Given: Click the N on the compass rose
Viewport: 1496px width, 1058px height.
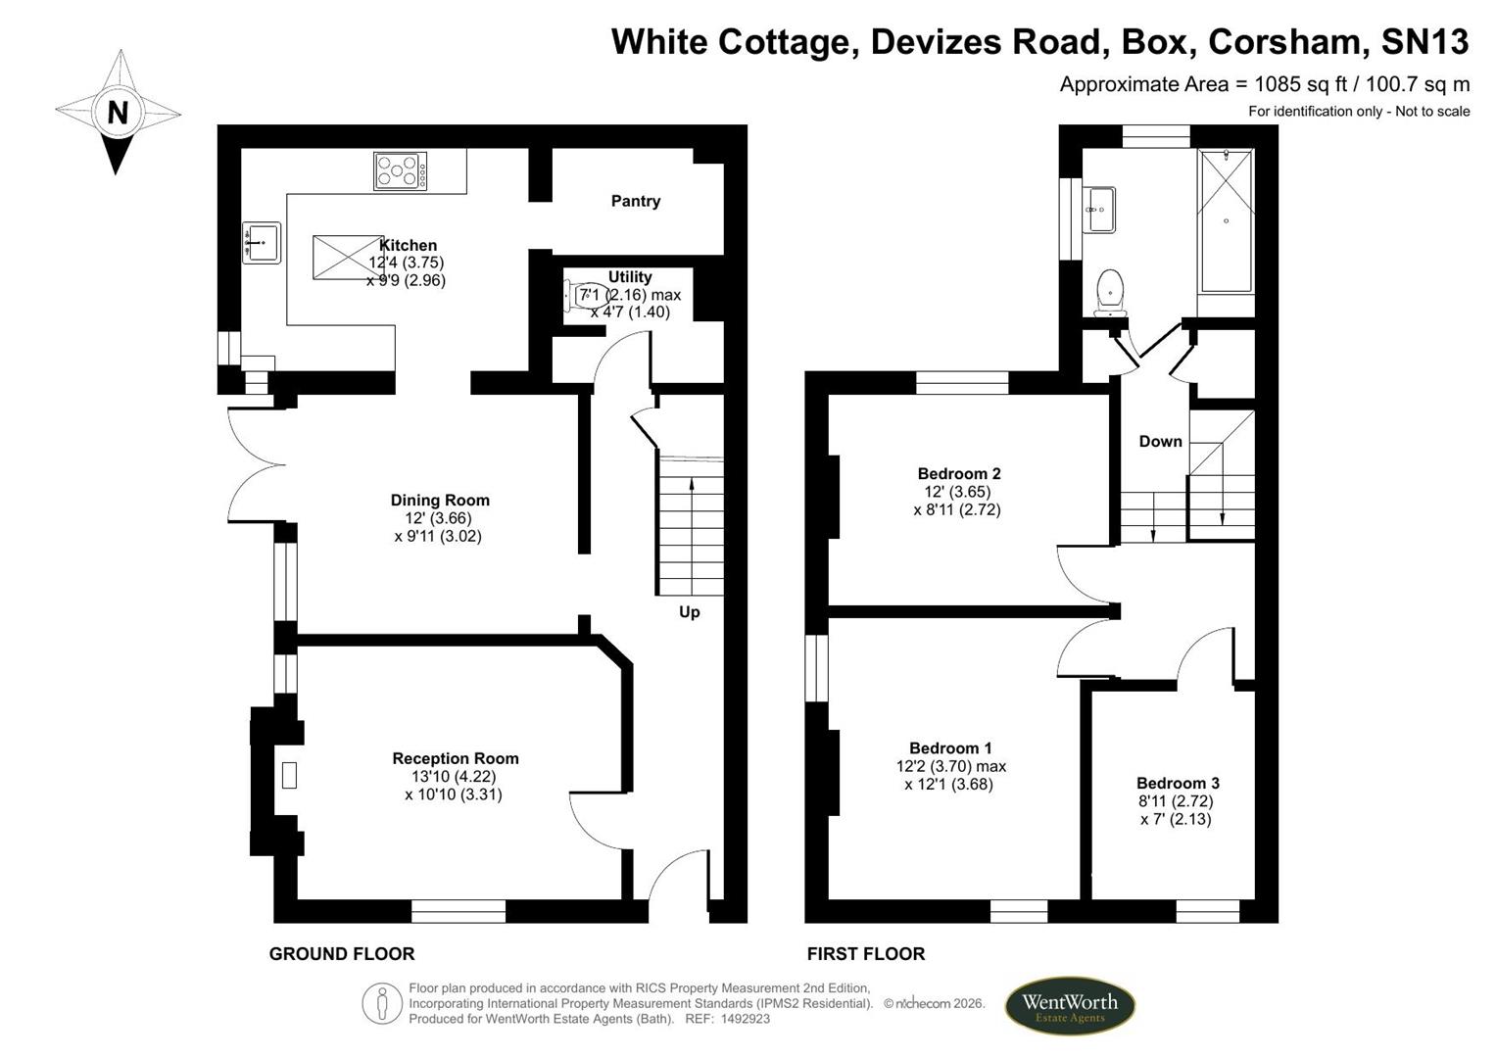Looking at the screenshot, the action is pos(118,113).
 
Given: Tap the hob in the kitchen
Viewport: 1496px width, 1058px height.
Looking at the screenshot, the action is pos(400,171).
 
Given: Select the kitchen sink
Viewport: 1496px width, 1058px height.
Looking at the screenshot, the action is pos(262,243).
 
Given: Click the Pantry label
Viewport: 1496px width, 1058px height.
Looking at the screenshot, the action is pos(635,201).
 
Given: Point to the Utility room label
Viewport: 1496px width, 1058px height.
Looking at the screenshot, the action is pos(630,276).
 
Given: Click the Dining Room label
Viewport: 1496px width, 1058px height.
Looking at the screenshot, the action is pos(440,500).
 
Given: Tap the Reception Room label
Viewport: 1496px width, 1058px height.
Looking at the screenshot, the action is pos(455,758).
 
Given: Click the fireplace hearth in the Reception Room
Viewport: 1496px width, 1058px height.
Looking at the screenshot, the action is pos(288,775).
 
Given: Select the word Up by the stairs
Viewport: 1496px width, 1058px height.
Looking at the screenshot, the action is pos(690,612).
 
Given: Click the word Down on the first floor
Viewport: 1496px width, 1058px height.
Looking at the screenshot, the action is pos(1160,441).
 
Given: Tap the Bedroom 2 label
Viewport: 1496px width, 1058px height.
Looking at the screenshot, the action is pos(959,473).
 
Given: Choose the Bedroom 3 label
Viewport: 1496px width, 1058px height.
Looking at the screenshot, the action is pos(1179,783).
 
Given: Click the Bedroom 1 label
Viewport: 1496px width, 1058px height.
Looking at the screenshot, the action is pos(950,748).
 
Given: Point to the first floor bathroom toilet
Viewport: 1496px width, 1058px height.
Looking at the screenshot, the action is pos(1110,293).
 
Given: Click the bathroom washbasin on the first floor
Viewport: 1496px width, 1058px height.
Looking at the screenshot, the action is pos(1101,210).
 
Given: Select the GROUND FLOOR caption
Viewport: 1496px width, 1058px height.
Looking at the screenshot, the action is pos(342,954).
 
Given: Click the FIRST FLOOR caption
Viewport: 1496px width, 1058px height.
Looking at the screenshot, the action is pos(866,954).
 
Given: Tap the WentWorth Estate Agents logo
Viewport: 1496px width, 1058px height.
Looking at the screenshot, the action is pos(1070,1006).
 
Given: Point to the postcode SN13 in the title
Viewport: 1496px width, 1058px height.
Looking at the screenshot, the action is pos(1424,41).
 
